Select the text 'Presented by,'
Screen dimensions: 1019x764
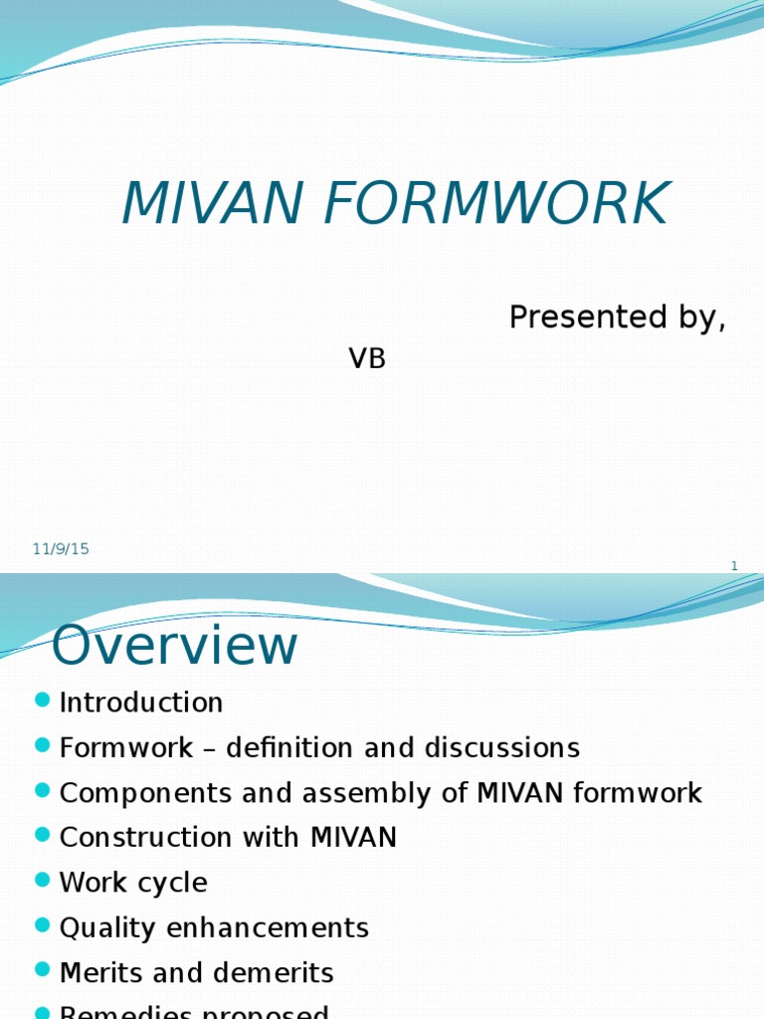tap(617, 317)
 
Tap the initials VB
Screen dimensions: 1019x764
tap(367, 359)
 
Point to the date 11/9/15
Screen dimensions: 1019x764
tap(61, 548)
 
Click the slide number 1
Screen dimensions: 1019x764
tap(734, 566)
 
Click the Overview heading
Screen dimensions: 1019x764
tap(175, 646)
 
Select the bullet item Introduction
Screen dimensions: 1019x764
tap(141, 703)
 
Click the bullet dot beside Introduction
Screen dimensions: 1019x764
tap(42, 701)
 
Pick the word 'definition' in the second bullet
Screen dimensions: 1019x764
tap(289, 747)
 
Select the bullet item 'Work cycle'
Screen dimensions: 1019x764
tap(133, 883)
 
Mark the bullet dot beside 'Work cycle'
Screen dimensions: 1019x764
tap(42, 881)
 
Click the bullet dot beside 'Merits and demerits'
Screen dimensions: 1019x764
tap(42, 970)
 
